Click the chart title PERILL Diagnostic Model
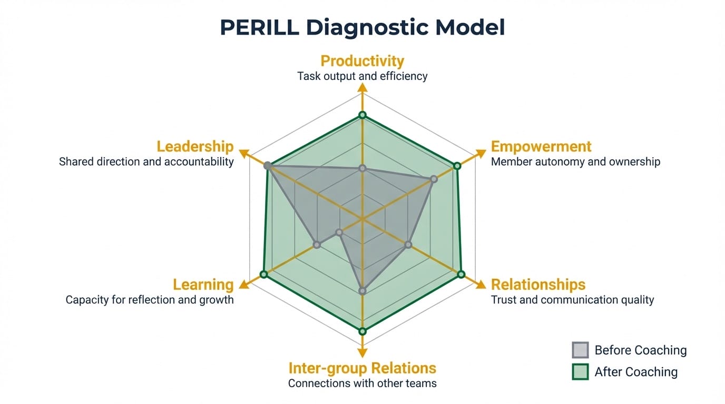pos(362,28)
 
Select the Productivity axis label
pos(362,61)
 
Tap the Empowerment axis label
pos(541,146)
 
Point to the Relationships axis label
pos(538,285)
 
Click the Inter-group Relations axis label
pos(362,368)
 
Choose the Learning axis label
pos(203,285)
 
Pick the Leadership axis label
pos(195,146)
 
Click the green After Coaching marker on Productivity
pos(362,115)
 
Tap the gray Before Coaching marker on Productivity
pos(362,168)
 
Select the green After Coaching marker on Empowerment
pos(457,166)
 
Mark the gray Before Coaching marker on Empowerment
pos(434,179)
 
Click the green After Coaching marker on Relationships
pos(461,274)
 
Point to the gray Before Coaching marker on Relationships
pos(408,245)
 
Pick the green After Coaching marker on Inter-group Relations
pos(362,331)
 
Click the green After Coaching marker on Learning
pos(264,275)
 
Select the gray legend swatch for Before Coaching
pos(580,350)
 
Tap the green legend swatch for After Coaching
pos(580,372)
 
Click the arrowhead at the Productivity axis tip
pos(362,88)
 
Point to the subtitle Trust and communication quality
pos(572,300)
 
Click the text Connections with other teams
pos(362,383)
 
